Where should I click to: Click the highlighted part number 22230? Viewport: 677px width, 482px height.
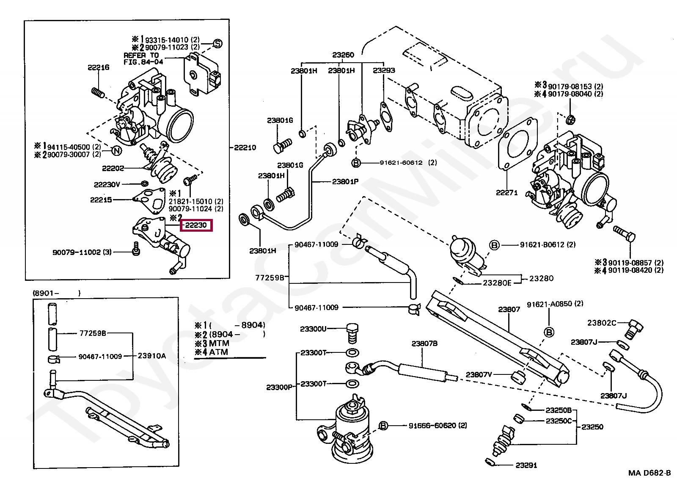[196, 225]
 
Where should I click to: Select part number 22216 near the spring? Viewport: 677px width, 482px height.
[99, 67]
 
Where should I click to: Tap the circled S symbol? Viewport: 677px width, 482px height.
[217, 44]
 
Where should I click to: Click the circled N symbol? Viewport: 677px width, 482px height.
[117, 150]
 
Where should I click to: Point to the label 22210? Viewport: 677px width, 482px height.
[245, 148]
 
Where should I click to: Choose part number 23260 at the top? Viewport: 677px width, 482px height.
[343, 55]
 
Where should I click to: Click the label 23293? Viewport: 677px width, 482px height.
[384, 70]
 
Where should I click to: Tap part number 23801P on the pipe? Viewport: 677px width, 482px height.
[345, 182]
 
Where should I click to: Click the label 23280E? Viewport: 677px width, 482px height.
[497, 283]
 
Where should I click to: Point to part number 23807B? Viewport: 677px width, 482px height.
[424, 343]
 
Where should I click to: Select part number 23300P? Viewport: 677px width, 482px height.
[280, 387]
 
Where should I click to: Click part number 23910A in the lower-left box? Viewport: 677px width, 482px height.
[152, 356]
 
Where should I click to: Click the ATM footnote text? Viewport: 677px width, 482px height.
[218, 352]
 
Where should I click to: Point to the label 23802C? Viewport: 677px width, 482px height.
[602, 323]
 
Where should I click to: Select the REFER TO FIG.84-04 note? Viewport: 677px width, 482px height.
[143, 59]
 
